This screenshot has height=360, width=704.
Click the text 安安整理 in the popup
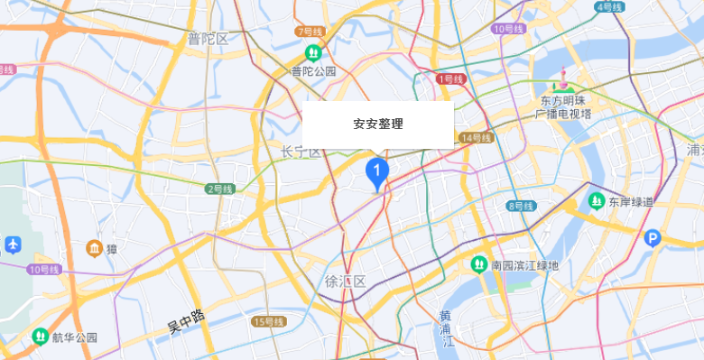[x=377, y=125]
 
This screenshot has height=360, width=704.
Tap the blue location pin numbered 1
[x=377, y=171]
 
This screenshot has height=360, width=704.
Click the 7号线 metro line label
[x=309, y=32]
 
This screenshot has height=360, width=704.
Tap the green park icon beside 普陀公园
[x=313, y=52]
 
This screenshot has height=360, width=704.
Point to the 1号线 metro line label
[x=449, y=79]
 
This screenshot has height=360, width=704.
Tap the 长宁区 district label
[x=301, y=152]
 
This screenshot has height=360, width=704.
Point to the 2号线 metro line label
[x=219, y=189]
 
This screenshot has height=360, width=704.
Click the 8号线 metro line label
[x=521, y=206]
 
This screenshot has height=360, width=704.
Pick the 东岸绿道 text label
[x=630, y=200]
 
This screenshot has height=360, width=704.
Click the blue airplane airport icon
[x=13, y=244]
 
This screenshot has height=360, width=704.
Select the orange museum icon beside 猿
[x=92, y=248]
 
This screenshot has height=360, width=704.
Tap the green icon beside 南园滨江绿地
[x=478, y=264]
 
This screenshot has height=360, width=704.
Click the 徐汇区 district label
[x=345, y=282]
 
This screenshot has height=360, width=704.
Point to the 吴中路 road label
[x=186, y=322]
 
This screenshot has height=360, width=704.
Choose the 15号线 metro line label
[x=268, y=322]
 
